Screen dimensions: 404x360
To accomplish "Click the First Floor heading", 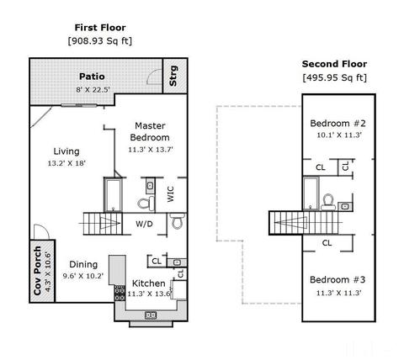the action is pyautogui.click(x=100, y=28).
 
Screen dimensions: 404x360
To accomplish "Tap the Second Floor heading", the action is pyautogui.click(x=334, y=64).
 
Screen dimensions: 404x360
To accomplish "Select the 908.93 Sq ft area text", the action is pyautogui.click(x=100, y=41).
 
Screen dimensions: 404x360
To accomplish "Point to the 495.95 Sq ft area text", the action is pyautogui.click(x=334, y=77).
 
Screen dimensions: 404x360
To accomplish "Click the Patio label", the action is pyautogui.click(x=92, y=77).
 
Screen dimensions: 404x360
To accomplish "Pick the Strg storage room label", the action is pyautogui.click(x=173, y=76).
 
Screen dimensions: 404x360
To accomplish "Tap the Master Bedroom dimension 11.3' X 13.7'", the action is pyautogui.click(x=151, y=150).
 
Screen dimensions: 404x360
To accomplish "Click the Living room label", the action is pyautogui.click(x=66, y=151).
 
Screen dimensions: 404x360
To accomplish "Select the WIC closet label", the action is pyautogui.click(x=171, y=193).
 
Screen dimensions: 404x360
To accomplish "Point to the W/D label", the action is pyautogui.click(x=144, y=224).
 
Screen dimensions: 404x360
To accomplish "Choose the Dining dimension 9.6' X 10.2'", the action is pyautogui.click(x=83, y=276).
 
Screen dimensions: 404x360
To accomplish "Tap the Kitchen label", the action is pyautogui.click(x=148, y=283).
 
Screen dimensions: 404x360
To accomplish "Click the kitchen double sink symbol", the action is pyautogui.click(x=151, y=315).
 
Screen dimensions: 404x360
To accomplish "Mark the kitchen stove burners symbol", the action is pyautogui.click(x=120, y=294).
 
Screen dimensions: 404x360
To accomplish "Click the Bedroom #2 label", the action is pyautogui.click(x=338, y=124).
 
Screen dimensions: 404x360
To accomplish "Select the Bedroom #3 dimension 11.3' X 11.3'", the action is pyautogui.click(x=338, y=293).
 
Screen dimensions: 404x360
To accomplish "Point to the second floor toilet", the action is pyautogui.click(x=328, y=202).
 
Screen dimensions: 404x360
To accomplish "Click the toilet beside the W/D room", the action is pyautogui.click(x=178, y=221).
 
